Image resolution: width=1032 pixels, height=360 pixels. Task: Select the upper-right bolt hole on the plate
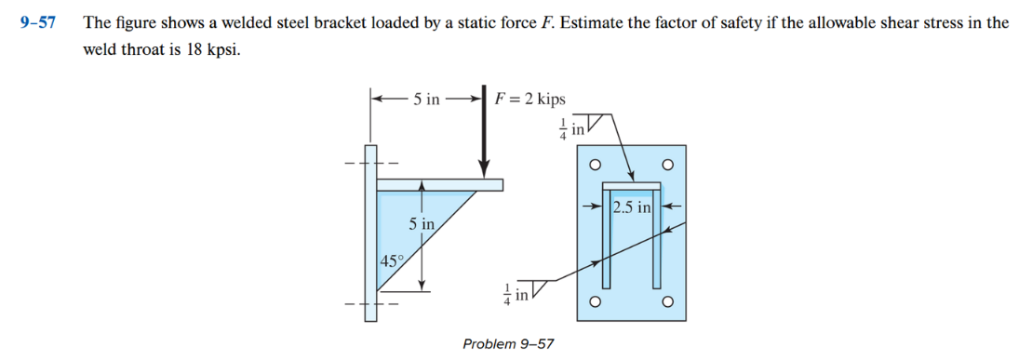pos(666,165)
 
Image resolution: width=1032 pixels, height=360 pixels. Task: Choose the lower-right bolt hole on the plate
pos(666,302)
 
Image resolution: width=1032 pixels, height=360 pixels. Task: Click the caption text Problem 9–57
pos(508,344)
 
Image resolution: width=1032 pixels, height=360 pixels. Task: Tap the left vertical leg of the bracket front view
pos(609,242)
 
